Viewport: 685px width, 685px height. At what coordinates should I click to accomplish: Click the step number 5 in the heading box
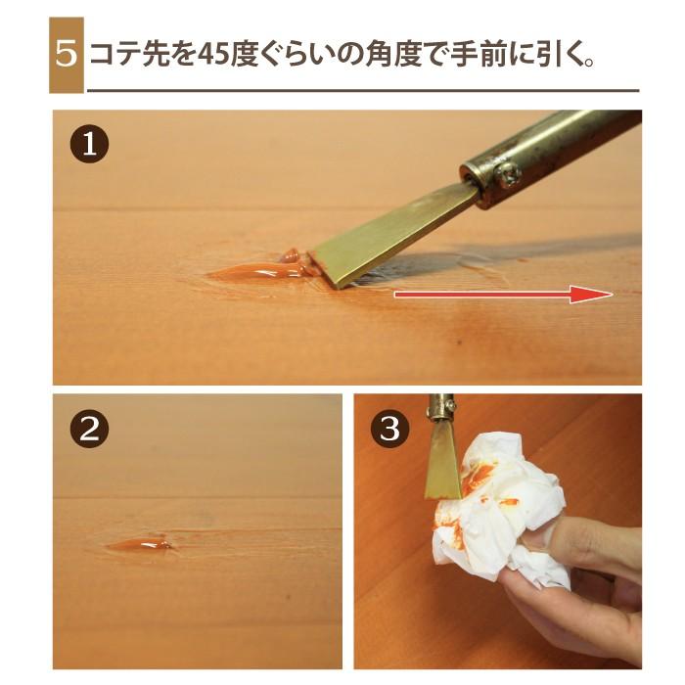66,53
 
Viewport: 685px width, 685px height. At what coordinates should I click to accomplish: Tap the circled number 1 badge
89,145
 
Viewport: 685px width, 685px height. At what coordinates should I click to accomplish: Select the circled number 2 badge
89,430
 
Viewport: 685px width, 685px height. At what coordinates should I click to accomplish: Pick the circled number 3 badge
389,430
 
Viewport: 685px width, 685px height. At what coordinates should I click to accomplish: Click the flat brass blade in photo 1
391,235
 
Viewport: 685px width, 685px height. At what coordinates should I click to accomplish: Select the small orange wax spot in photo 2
142,543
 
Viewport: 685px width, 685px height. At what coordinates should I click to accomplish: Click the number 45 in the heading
212,54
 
